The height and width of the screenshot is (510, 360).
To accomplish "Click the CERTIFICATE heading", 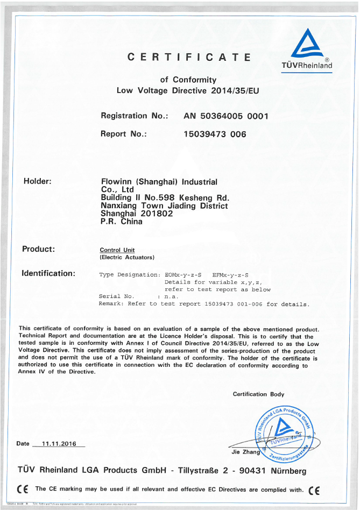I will (x=189, y=57).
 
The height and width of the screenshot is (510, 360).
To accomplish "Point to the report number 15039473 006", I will (x=215, y=134).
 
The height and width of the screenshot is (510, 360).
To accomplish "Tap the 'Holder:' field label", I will (x=38, y=181).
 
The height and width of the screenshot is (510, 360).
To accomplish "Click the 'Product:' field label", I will (x=39, y=249).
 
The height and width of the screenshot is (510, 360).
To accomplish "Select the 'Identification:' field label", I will (x=48, y=273).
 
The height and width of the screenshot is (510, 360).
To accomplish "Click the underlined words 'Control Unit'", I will (x=117, y=250).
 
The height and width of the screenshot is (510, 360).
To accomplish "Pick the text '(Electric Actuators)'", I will (x=127, y=257).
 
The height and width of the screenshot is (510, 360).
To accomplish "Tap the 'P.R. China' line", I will (x=122, y=221).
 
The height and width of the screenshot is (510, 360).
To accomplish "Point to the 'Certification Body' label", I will (x=258, y=394).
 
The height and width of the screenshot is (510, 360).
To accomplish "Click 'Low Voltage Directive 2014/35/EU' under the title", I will (x=188, y=90).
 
